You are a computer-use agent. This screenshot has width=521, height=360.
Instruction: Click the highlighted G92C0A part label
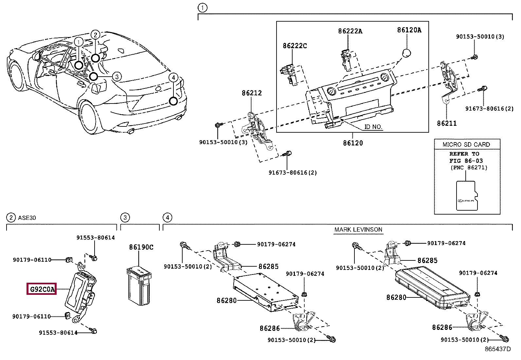(42, 289)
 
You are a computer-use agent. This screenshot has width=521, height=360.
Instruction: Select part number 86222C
(295, 46)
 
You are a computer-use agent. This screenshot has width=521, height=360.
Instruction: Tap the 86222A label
(350, 31)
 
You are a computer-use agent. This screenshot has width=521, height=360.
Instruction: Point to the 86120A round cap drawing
(406, 53)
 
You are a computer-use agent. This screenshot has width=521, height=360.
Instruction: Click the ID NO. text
(373, 127)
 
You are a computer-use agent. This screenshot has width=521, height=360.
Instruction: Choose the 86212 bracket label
(252, 93)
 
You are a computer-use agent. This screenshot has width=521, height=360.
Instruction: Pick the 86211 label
(446, 123)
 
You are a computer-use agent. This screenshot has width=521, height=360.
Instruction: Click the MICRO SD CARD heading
(466, 144)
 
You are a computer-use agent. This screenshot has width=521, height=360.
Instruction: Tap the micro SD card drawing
(466, 196)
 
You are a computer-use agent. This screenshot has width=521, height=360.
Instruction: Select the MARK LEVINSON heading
(358, 230)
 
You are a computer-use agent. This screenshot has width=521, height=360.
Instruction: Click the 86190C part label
(141, 247)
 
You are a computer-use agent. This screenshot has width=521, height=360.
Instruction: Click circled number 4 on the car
(173, 78)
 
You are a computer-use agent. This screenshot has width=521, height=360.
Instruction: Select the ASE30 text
(27, 218)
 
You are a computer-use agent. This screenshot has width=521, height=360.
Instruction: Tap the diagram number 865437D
(497, 349)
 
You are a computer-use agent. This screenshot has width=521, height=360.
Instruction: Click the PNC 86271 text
(469, 168)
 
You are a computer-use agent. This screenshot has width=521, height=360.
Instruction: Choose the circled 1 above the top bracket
(202, 8)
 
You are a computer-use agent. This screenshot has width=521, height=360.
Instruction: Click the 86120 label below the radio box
(353, 143)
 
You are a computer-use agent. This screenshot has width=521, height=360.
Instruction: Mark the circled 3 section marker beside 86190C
(125, 217)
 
